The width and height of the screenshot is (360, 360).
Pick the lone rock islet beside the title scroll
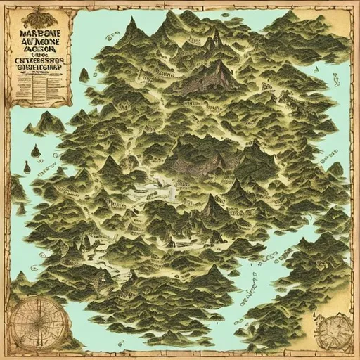point(84,75)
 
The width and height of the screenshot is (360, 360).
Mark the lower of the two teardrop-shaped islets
point(27,167)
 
